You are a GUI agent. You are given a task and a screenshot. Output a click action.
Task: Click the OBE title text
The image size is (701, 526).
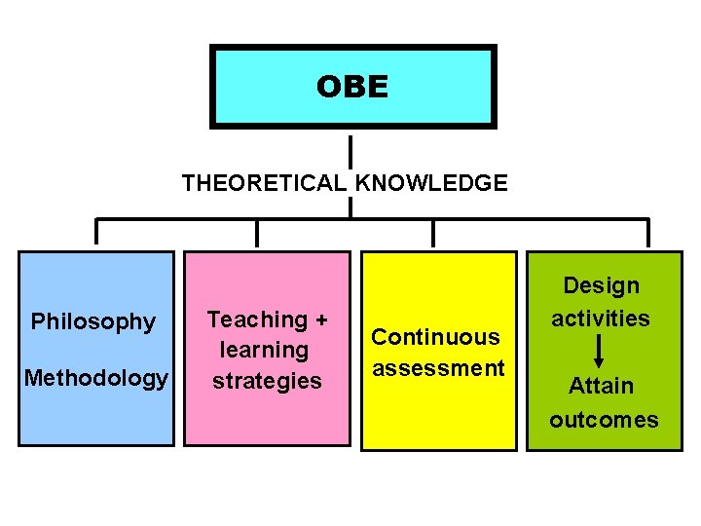pos(351,88)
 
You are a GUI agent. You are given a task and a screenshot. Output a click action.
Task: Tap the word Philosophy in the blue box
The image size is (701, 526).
pos(93,321)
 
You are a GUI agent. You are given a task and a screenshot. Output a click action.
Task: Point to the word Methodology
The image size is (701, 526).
pos(95,377)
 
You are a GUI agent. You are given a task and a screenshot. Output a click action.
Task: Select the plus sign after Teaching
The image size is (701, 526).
pos(321,319)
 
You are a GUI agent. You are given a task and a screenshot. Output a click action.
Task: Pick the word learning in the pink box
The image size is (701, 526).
pos(264,350)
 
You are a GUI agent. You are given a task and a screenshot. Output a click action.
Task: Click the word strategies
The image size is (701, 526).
pos(267,380)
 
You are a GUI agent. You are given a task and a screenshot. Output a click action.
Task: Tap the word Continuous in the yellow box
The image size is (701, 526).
pos(436,337)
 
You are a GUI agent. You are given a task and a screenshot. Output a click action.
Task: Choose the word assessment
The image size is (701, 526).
pos(438,368)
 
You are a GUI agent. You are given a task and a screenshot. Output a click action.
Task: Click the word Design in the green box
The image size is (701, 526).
pos(602,285)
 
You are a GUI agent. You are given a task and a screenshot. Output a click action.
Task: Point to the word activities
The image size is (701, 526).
pos(601,318)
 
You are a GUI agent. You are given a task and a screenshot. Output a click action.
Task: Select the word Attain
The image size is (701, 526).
pos(601,386)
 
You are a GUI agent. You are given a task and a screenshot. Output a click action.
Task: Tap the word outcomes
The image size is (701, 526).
pos(604,420)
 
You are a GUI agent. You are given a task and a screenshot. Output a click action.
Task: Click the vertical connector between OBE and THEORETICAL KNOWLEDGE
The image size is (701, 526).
pos(350,150)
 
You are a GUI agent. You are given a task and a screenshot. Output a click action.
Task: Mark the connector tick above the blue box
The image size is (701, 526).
pos(96,232)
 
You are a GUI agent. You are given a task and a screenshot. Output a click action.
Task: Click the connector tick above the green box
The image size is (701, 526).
pos(648,232)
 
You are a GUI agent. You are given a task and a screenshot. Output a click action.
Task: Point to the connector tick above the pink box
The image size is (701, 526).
pos(257,232)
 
